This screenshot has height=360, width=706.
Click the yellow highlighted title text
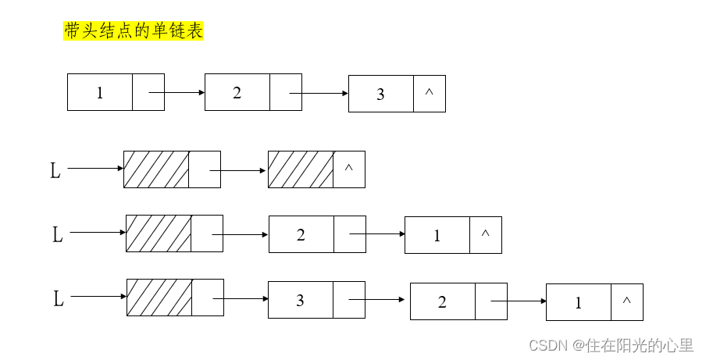(133, 30)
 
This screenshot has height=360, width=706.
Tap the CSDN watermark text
(611, 344)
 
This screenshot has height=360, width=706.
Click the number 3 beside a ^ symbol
(380, 94)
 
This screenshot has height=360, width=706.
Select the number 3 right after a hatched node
(300, 301)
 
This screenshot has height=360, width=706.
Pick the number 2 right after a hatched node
(301, 234)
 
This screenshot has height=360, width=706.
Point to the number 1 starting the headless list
(100, 93)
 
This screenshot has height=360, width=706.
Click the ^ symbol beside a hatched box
(348, 169)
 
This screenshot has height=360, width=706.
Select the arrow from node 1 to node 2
(176, 92)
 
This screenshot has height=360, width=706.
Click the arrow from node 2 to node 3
(319, 94)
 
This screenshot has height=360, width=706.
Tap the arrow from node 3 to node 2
(379, 299)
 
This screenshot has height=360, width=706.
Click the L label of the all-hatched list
(55, 171)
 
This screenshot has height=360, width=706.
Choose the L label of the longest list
(58, 299)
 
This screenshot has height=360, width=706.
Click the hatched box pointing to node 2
(159, 233)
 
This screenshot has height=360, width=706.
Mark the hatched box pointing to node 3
(159, 298)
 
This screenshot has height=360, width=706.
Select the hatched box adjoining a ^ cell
(300, 169)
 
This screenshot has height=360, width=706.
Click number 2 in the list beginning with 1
(237, 93)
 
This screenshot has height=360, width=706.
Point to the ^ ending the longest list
(626, 300)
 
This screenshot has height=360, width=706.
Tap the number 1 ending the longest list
(579, 303)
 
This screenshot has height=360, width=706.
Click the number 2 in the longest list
(442, 302)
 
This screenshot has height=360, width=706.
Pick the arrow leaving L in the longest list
(98, 297)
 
